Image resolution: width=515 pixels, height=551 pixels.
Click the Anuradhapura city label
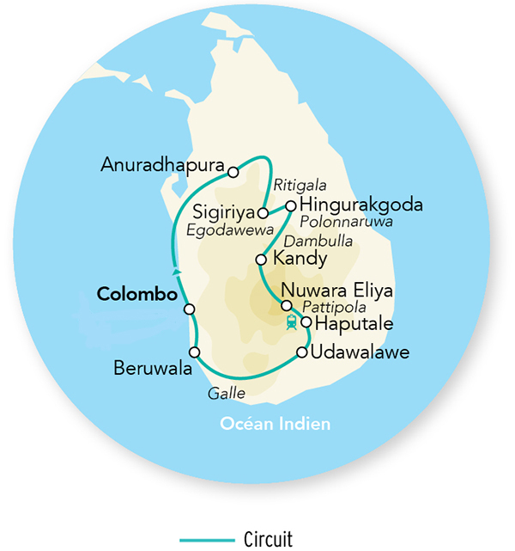[162, 164]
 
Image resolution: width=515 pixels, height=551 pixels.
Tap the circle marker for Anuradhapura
[233, 172]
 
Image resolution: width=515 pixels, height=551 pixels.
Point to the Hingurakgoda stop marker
[291, 205]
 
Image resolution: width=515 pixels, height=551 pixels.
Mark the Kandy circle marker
[261, 260]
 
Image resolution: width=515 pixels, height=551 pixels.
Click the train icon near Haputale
[292, 322]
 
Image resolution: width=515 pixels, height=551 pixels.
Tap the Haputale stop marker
[306, 322]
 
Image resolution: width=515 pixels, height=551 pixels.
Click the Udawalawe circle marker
[301, 352]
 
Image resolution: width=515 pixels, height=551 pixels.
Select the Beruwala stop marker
[195, 352]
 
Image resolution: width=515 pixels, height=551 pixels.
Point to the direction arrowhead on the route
[176, 272]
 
